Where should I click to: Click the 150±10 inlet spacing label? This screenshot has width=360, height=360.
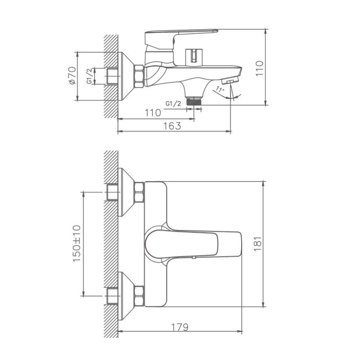(x=76, y=244)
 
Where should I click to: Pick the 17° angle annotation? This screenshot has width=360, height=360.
(x=220, y=90)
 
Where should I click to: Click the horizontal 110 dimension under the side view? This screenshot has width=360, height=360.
(x=153, y=112)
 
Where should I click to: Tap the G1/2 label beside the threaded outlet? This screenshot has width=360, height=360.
(x=173, y=103)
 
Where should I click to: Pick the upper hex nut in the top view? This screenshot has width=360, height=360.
(x=139, y=192)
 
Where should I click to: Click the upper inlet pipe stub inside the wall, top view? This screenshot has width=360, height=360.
(x=112, y=192)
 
